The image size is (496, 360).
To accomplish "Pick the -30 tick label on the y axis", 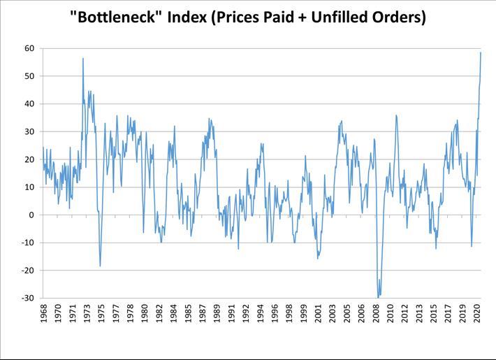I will tap(29, 298).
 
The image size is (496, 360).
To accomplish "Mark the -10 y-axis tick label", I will tap(29, 243).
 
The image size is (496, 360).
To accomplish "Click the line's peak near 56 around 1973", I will tap(83, 59).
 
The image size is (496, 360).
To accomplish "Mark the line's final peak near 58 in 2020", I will tap(481, 52).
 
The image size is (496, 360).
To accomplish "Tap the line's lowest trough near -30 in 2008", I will tap(378, 297).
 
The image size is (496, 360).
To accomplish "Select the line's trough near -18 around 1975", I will tap(100, 266).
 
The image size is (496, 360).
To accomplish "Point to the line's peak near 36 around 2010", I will tap(395, 115).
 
